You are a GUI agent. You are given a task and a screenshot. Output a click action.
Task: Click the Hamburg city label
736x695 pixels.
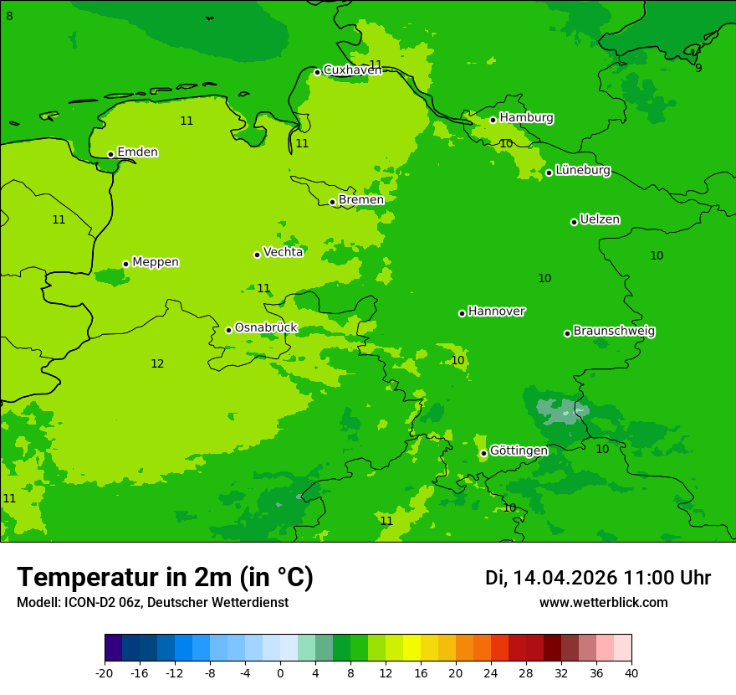526,118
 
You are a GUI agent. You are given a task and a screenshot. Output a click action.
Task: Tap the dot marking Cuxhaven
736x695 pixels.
317,72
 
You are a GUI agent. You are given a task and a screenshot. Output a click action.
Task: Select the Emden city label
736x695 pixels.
137,152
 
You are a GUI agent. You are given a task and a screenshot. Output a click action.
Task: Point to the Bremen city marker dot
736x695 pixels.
332,202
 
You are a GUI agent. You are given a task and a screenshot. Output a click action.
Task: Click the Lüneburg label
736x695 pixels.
582,170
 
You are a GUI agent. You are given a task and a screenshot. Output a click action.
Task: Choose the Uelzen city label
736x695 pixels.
600,219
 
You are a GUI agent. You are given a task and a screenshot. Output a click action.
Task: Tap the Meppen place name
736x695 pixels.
156,262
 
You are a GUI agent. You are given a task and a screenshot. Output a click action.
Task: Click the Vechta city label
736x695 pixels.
283,252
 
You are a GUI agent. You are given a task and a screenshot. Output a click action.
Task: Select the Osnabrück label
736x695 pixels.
266,327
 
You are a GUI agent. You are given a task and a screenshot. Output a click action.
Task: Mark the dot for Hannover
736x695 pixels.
462,313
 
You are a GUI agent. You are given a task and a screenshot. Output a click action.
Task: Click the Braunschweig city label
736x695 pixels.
614,331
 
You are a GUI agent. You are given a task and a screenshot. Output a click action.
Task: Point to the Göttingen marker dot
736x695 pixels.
483,453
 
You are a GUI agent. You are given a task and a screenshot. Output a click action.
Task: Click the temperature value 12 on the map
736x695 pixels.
157,363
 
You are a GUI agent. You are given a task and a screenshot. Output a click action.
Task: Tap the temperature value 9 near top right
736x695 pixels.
698,68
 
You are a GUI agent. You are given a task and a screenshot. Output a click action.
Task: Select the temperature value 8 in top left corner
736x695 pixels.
9,16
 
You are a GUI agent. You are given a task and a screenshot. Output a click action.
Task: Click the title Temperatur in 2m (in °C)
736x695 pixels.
165,578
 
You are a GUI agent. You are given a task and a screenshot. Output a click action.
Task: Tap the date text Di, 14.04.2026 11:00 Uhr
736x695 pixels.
598,578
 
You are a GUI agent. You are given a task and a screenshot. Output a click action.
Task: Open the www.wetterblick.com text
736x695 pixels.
603,603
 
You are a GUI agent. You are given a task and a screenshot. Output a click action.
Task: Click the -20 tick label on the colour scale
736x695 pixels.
105,673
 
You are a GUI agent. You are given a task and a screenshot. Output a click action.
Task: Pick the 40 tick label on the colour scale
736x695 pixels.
631,673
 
